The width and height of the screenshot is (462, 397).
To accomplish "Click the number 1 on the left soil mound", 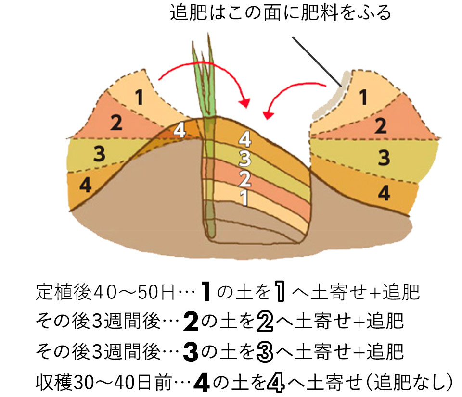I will (x=139, y=98).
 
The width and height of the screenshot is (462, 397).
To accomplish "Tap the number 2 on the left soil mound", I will (x=116, y=123).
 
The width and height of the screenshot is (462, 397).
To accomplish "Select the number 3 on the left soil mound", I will (x=99, y=154).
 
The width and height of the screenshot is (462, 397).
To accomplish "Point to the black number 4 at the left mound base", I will (x=85, y=186).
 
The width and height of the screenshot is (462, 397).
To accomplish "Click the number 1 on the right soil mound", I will (x=364, y=98).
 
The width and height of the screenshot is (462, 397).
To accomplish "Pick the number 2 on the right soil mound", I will (x=380, y=126).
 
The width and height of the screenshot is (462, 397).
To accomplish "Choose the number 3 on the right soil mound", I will (x=384, y=157).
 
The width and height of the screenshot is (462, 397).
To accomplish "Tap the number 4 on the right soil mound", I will (x=384, y=193).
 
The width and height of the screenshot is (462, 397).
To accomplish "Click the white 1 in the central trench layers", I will (x=244, y=197).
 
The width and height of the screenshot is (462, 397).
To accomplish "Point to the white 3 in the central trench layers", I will (x=245, y=158).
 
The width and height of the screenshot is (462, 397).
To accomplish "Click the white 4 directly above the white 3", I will (x=245, y=140).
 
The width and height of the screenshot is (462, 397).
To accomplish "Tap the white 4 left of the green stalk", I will (x=179, y=131).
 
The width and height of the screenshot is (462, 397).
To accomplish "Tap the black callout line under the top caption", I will (x=315, y=60).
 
